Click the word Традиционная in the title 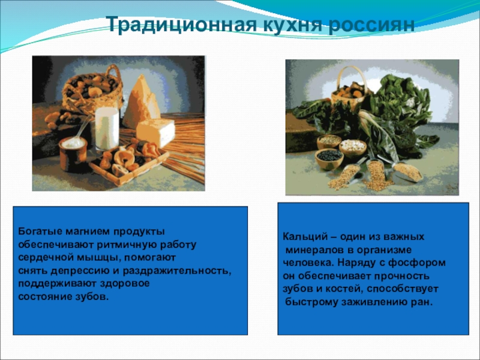click(182, 25)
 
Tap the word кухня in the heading click(292, 25)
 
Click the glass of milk click(107, 128)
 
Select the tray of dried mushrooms click(128, 162)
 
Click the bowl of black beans click(329, 158)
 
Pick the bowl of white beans click(353, 148)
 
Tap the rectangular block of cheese click(155, 132)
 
